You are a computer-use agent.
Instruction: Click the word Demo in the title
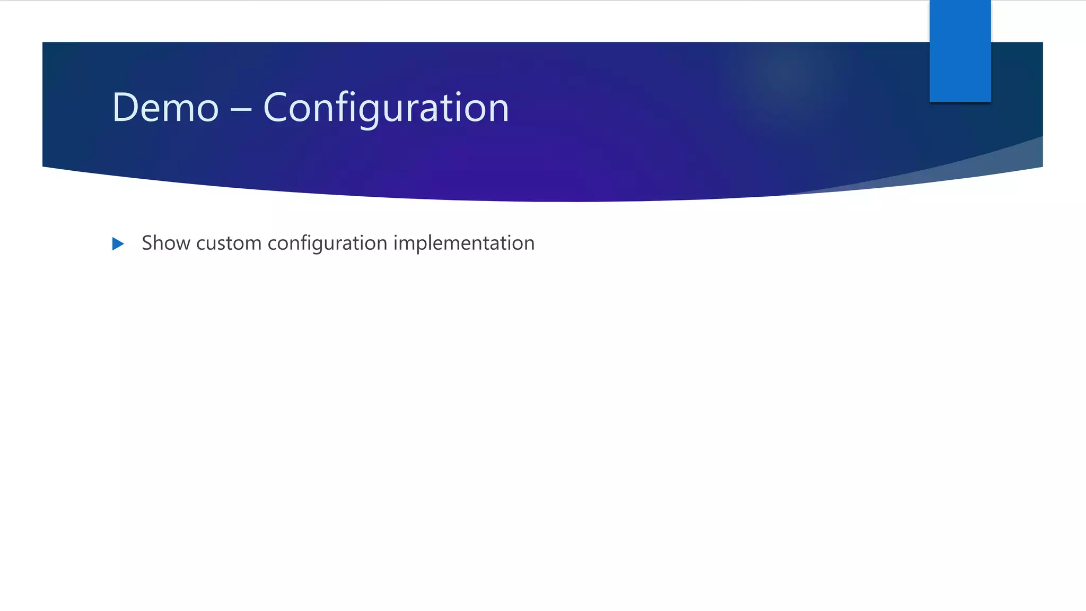[x=165, y=108]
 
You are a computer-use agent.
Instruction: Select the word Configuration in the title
[x=386, y=108]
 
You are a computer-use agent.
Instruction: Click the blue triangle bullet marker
[x=118, y=244]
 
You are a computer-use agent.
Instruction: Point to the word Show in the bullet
[x=166, y=243]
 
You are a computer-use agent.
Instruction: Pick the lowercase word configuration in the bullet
[x=327, y=243]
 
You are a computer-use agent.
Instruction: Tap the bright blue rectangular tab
[x=960, y=50]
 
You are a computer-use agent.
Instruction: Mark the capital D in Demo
[x=125, y=108]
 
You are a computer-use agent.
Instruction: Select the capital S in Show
[x=147, y=243]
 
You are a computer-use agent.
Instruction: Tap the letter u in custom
[x=213, y=244]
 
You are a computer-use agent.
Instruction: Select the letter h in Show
[x=159, y=243]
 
